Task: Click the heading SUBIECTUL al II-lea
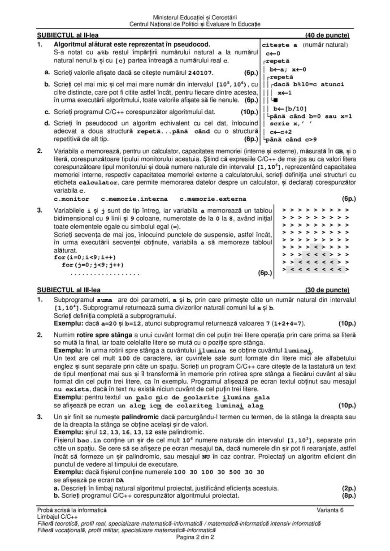(68, 35)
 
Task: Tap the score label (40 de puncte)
(327, 35)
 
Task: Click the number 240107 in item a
(201, 73)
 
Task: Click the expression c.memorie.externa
(212, 199)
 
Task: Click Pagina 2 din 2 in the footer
(195, 537)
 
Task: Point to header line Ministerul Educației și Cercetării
(195, 17)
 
